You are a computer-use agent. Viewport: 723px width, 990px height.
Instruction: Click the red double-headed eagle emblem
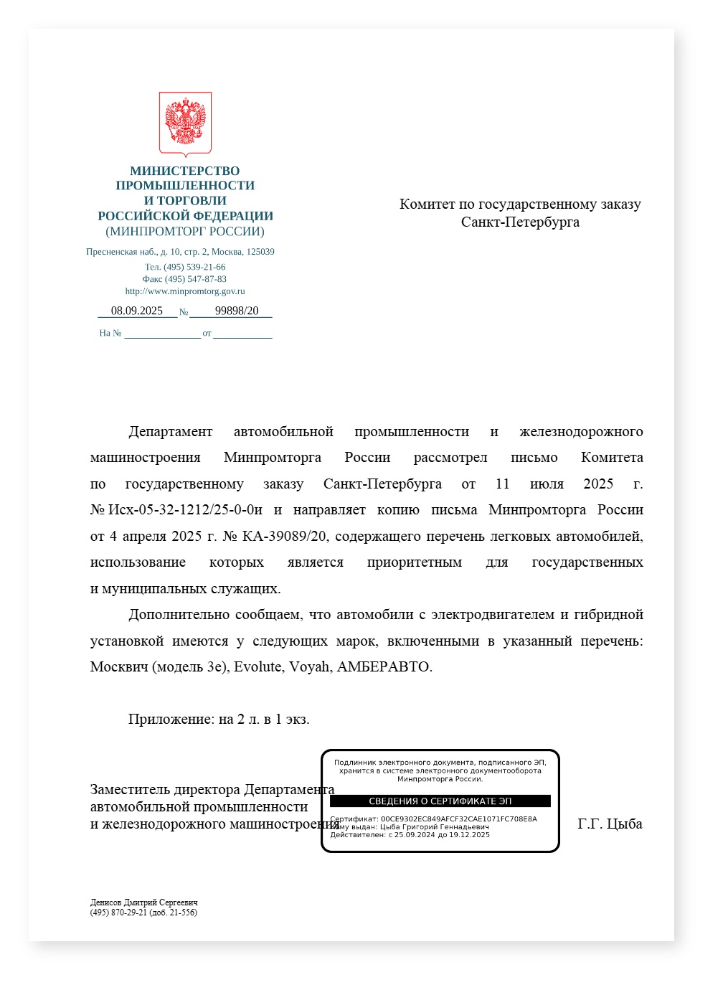tap(185, 123)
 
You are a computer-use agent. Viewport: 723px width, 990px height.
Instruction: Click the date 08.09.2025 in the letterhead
tap(137, 311)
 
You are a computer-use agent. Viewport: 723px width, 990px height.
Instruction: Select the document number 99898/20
tap(237, 311)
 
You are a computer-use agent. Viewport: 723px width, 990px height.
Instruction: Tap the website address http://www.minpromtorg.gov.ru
tap(185, 291)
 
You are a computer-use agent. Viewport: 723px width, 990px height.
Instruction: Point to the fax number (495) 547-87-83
tap(195, 279)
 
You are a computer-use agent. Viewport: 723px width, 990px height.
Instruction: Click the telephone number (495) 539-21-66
tap(194, 267)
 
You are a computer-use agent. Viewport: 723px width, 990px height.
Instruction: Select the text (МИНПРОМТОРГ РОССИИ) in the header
tap(185, 231)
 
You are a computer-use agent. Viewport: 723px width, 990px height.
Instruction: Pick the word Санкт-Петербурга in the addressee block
tap(520, 222)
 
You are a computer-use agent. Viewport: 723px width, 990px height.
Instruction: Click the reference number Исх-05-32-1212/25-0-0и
tap(185, 510)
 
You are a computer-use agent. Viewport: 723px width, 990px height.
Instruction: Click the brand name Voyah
tap(310, 666)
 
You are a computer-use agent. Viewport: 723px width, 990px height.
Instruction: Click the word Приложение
tap(171, 719)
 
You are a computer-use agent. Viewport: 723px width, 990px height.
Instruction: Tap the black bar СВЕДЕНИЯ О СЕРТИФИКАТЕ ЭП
tap(440, 801)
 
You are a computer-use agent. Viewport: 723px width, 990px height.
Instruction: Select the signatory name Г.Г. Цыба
tap(610, 824)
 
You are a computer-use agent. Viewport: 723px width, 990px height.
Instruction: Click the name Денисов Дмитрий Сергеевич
tap(144, 902)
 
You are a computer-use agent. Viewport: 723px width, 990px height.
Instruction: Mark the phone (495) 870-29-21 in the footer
tap(118, 913)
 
